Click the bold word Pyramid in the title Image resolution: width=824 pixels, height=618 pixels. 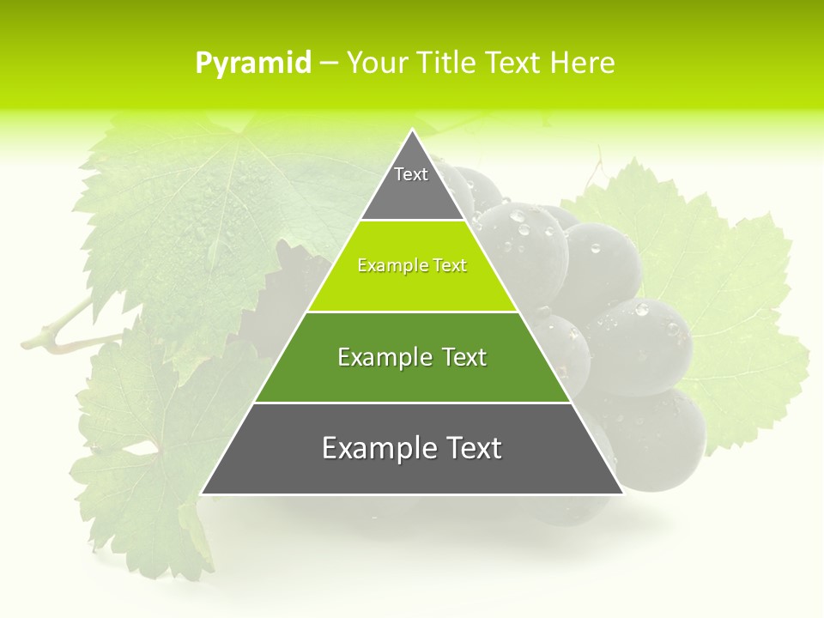pyautogui.click(x=253, y=64)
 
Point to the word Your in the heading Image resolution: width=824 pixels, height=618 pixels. pyautogui.click(x=376, y=64)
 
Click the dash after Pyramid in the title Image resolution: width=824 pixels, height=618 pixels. pyautogui.click(x=329, y=64)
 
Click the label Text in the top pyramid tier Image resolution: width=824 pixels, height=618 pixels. pyautogui.click(x=411, y=174)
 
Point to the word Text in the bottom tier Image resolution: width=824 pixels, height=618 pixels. pyautogui.click(x=468, y=448)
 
